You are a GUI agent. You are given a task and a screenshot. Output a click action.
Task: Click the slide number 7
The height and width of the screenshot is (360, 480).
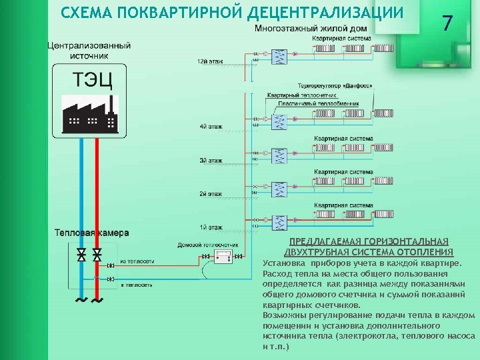447,24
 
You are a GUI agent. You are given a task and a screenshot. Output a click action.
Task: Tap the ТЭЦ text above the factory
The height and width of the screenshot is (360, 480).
92,80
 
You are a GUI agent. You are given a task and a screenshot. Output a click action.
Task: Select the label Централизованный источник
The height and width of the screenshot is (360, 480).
89,51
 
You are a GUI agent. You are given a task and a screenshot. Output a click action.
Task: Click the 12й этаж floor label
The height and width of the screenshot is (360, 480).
210,61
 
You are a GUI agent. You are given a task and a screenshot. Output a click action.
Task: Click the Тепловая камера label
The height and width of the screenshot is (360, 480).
91,233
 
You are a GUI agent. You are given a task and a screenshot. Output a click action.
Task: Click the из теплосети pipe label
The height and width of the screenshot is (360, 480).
137,261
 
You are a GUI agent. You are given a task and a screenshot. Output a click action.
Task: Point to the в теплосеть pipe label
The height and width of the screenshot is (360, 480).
136,285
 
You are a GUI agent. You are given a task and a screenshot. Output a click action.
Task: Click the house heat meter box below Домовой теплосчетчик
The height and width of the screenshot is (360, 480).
223,257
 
